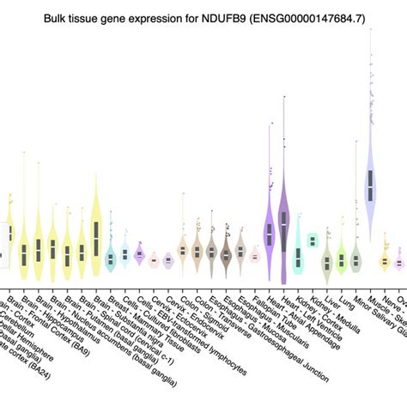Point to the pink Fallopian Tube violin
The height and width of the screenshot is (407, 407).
(255, 256)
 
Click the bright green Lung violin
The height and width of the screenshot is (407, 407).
(342, 258)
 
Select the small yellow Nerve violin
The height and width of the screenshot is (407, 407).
(385, 260)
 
